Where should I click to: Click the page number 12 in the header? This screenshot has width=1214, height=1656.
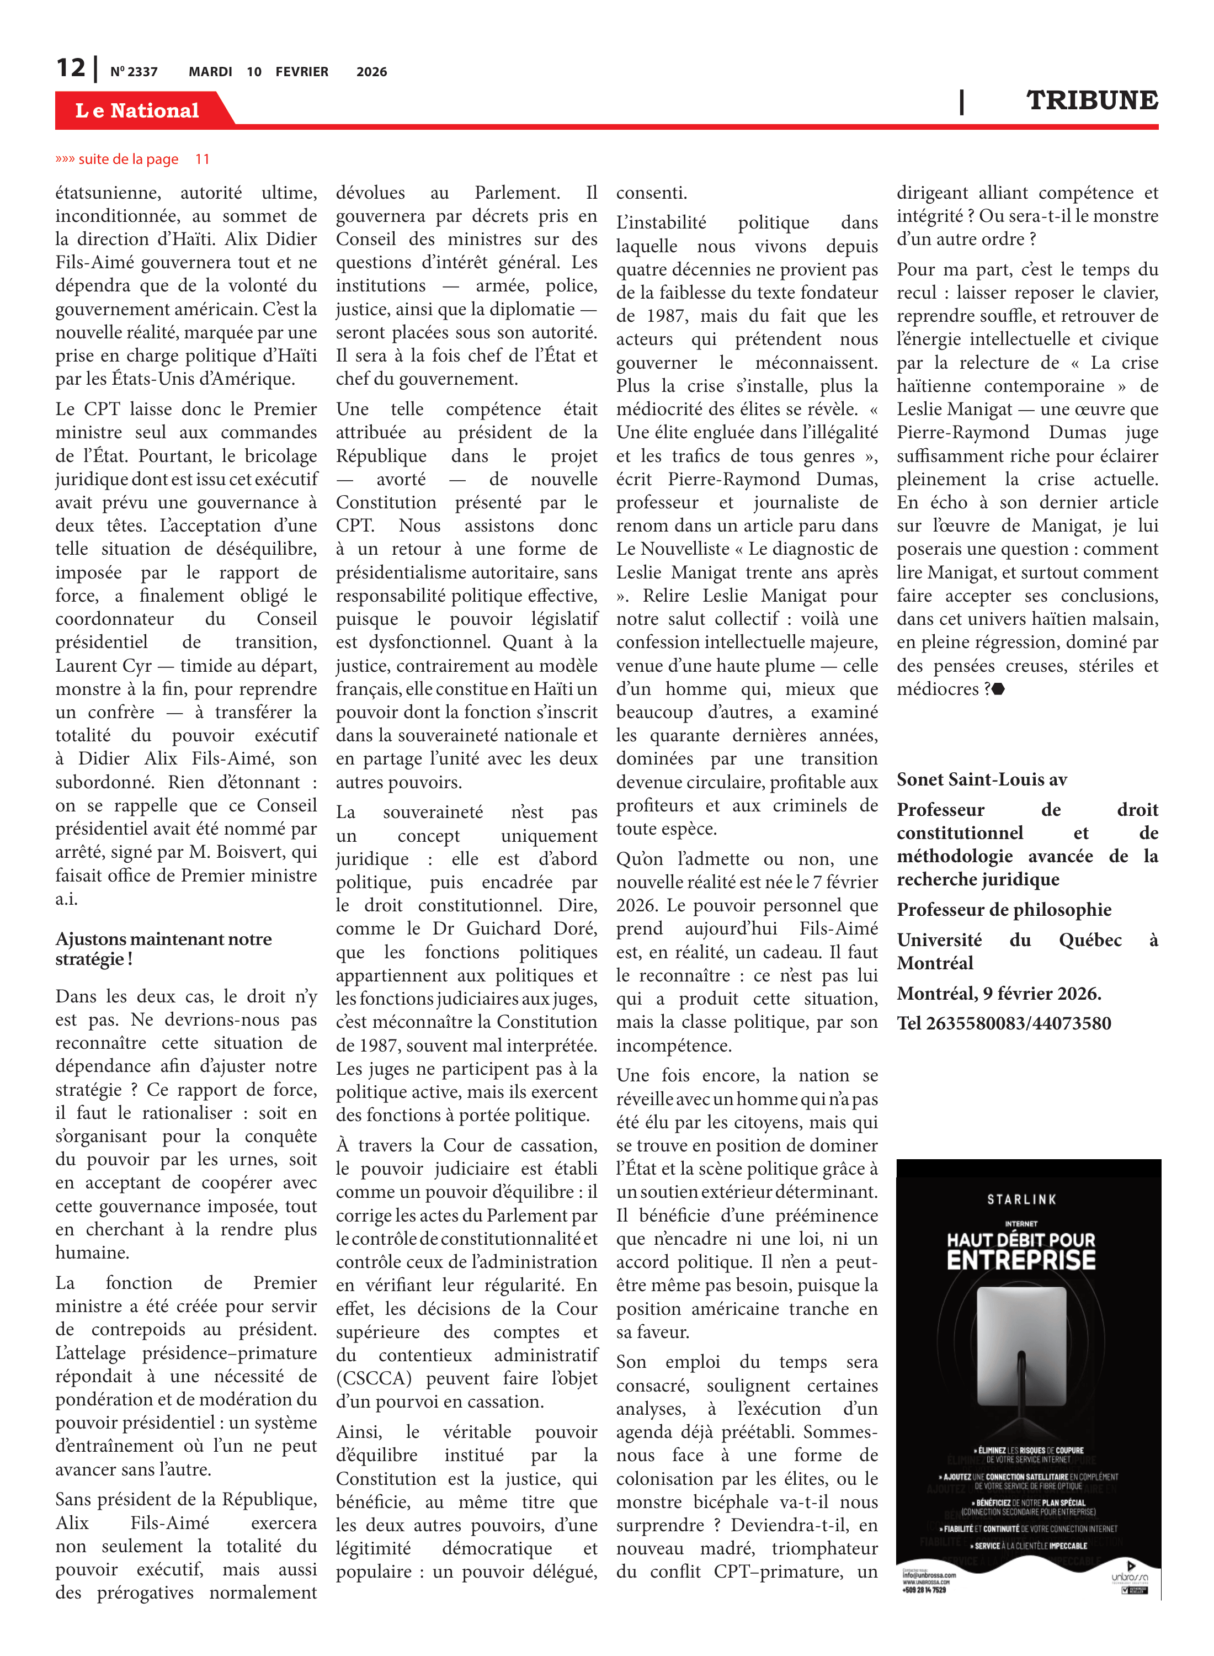click(x=71, y=68)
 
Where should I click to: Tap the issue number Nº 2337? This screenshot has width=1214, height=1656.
click(x=134, y=72)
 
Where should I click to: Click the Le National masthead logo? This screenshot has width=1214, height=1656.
click(x=137, y=110)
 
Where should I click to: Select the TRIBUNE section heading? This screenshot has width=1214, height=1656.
click(x=1091, y=100)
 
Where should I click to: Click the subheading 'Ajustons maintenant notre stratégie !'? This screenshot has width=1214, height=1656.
click(x=163, y=948)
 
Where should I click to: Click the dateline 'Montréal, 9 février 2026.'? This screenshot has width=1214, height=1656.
click(x=999, y=993)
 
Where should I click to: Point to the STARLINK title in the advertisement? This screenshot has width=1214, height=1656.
click(x=1021, y=1199)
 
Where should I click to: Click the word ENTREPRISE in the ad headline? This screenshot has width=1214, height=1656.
click(x=1021, y=1260)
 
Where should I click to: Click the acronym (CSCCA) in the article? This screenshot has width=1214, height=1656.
click(x=374, y=1378)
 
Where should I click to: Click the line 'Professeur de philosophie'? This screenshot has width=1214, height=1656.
click(x=1004, y=909)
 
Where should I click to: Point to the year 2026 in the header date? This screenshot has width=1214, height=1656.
click(x=371, y=72)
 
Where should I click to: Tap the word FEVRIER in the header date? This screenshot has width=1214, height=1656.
click(x=301, y=72)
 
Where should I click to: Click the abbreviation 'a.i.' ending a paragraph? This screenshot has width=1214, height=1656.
click(x=66, y=899)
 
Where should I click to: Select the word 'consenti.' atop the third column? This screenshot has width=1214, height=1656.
click(x=651, y=193)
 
